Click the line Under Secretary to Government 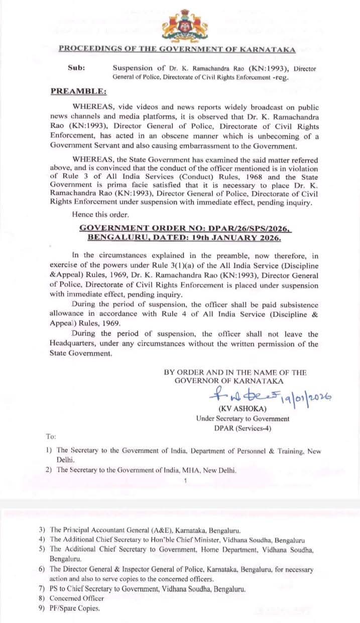(x=243, y=418)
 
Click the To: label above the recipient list (x=51, y=437)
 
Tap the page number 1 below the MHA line (x=185, y=481)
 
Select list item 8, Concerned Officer (x=76, y=598)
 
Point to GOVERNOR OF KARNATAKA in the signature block (x=228, y=380)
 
